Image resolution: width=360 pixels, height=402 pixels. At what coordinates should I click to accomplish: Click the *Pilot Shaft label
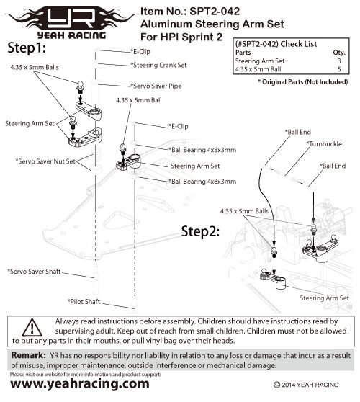click(x=85, y=300)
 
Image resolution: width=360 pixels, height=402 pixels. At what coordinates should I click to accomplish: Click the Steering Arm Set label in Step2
click(x=324, y=297)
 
